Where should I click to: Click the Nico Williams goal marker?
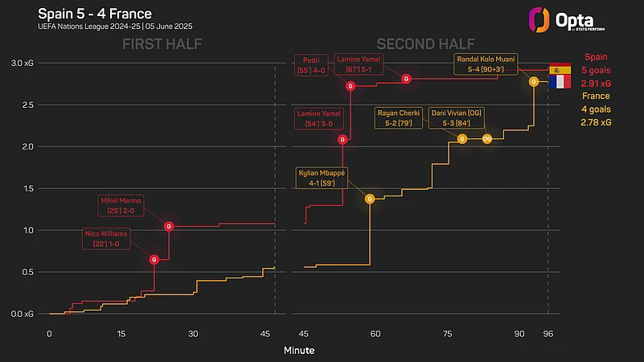click(x=154, y=259)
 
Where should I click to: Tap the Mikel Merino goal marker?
click(x=169, y=226)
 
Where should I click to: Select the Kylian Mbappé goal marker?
click(x=370, y=199)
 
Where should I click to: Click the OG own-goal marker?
click(x=486, y=139)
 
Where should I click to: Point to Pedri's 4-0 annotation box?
click(x=311, y=65)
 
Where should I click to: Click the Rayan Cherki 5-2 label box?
click(x=399, y=118)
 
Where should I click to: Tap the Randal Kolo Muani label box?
click(x=486, y=64)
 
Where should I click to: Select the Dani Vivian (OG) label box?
click(x=457, y=118)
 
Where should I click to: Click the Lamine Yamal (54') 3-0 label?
click(x=318, y=118)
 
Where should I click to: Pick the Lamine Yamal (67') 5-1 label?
click(x=359, y=64)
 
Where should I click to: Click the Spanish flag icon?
click(x=560, y=69)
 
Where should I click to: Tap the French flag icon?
click(x=560, y=82)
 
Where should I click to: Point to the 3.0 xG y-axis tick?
click(x=23, y=64)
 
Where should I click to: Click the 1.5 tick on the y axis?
click(x=28, y=188)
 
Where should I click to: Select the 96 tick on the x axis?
click(x=548, y=334)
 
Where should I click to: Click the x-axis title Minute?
click(x=299, y=351)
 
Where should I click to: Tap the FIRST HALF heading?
click(x=162, y=44)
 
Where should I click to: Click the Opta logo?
click(x=567, y=20)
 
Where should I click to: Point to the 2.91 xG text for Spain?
click(x=596, y=84)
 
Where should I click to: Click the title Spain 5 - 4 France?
click(x=95, y=14)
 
